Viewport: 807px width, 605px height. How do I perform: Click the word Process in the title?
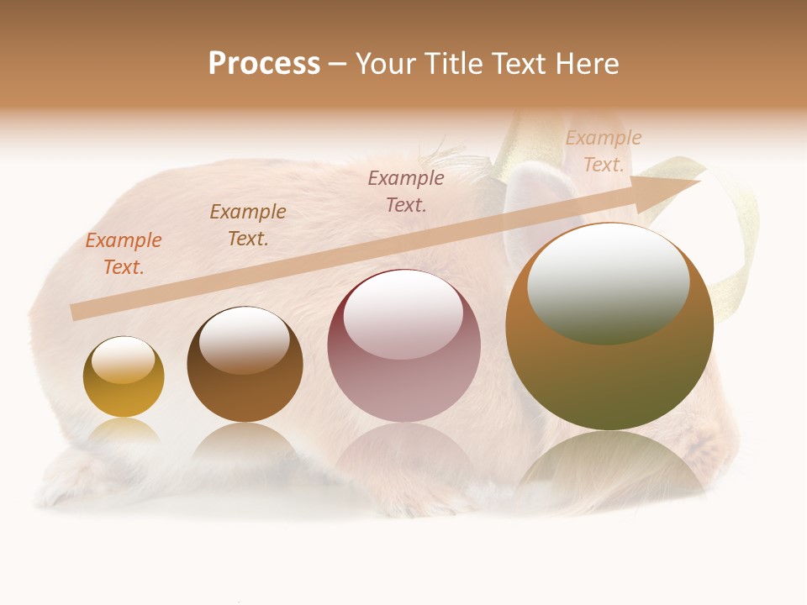tap(264, 64)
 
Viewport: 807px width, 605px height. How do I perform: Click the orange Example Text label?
tap(124, 254)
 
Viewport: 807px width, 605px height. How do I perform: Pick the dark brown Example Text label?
tap(248, 225)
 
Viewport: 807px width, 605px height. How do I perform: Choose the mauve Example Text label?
tap(406, 191)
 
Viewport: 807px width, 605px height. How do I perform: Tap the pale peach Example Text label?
tap(604, 151)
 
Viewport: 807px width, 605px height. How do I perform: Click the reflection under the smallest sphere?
tap(124, 433)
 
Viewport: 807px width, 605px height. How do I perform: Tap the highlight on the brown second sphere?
tap(245, 340)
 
